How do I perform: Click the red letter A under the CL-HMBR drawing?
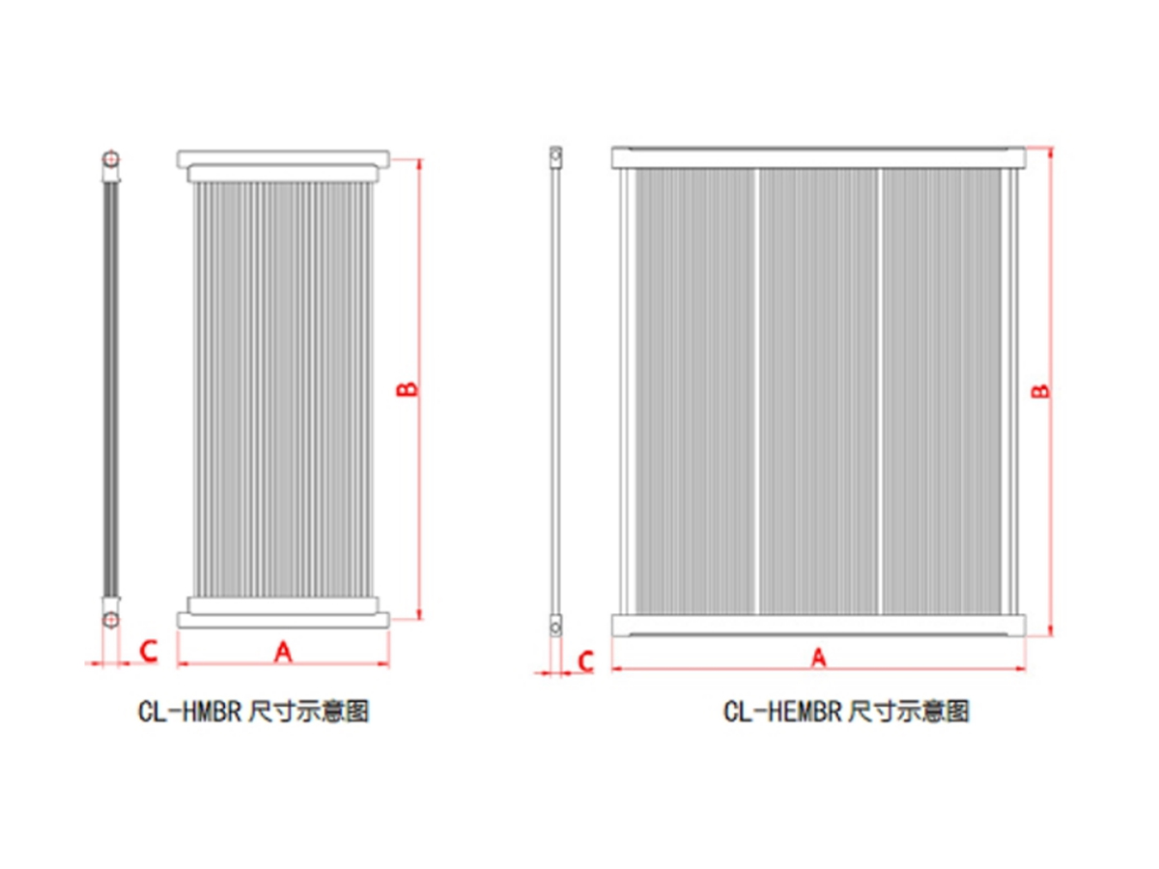(283, 652)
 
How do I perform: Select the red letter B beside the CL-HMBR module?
(408, 389)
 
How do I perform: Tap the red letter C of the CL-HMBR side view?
(149, 651)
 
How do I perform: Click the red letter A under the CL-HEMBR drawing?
(818, 658)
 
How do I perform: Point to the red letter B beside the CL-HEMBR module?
(1041, 391)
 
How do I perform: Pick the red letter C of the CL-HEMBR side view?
(586, 661)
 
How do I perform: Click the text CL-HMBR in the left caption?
(189, 711)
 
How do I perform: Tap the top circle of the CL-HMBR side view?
(110, 158)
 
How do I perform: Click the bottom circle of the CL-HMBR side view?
(110, 620)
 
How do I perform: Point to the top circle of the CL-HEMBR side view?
(555, 154)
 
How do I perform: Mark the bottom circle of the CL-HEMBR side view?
(555, 628)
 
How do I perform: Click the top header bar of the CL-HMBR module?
(283, 159)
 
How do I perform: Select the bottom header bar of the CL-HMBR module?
(283, 620)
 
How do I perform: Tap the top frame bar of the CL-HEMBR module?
(818, 157)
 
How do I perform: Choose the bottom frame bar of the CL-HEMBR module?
(818, 626)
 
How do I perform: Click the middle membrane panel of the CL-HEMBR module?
(818, 391)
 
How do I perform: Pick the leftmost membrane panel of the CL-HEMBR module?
(694, 391)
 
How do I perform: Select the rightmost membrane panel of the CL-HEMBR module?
(942, 391)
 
